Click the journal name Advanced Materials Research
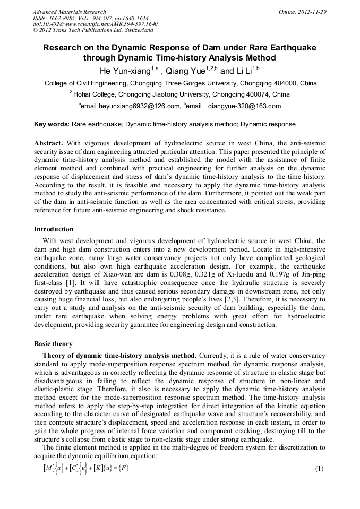click(69, 12)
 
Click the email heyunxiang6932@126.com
click(131, 106)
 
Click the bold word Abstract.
click(49, 144)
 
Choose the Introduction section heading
click(54, 229)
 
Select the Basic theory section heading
click(53, 343)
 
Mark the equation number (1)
click(319, 469)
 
